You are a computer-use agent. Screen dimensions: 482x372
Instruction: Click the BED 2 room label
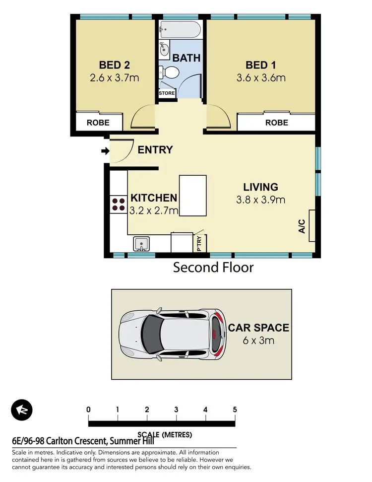(x=115, y=65)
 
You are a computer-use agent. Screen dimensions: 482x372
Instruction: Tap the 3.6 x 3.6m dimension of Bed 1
(x=261, y=78)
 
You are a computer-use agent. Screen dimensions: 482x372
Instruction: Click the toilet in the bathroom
(x=171, y=72)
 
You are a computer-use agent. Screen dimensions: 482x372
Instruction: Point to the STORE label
(x=167, y=93)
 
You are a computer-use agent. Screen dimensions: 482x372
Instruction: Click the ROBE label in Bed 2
(x=99, y=122)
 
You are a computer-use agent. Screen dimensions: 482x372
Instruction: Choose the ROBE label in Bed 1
(x=276, y=122)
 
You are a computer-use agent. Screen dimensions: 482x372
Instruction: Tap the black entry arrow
(x=105, y=151)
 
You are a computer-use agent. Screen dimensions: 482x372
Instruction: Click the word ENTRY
(x=155, y=149)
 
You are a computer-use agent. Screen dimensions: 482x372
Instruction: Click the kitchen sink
(x=141, y=244)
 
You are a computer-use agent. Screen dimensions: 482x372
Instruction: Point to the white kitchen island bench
(x=192, y=196)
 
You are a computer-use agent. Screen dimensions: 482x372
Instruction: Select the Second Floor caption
(x=213, y=268)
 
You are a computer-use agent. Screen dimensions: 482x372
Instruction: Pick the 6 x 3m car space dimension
(x=258, y=341)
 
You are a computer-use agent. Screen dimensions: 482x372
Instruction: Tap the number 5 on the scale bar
(x=235, y=410)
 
